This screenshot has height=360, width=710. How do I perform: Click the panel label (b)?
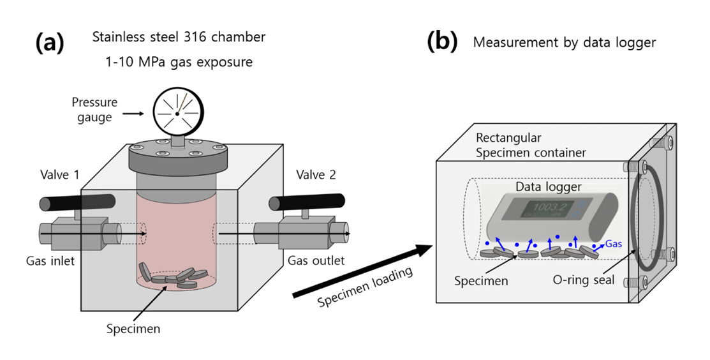coord(441,42)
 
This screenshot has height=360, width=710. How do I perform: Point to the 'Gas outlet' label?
coord(316,260)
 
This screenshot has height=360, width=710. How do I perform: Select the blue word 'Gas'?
coord(613,244)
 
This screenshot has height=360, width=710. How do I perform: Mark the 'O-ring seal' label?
coord(583,280)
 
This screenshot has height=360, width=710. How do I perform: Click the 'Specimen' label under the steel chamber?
coord(133,329)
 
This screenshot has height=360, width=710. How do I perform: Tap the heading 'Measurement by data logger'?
coord(565,43)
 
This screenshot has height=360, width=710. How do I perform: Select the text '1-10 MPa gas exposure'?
coord(179,63)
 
